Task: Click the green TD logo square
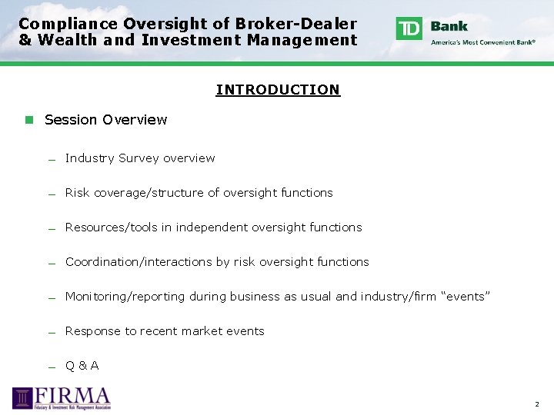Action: click(409, 28)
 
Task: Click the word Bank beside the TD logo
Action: click(449, 26)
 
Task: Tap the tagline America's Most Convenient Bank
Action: click(483, 42)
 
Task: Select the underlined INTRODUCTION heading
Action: click(277, 90)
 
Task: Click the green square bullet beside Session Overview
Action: click(28, 120)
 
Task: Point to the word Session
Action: click(71, 120)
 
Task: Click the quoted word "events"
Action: click(463, 297)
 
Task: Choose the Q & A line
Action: click(82, 366)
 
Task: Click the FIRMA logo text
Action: click(74, 396)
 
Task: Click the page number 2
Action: click(537, 404)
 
